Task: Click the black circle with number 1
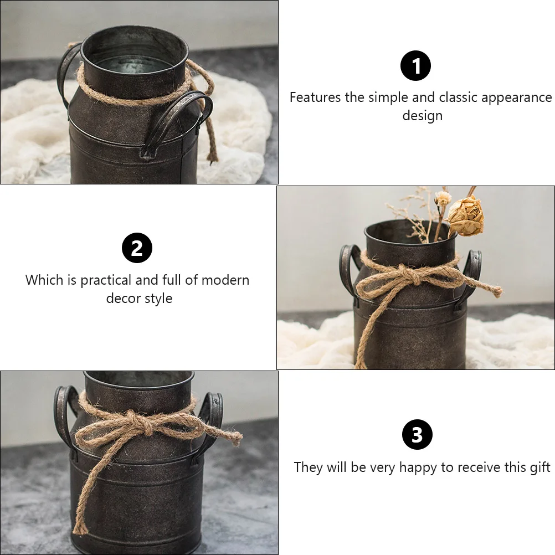(x=415, y=66)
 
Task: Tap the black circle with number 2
(x=137, y=248)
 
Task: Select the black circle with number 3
(x=417, y=435)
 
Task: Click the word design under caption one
(x=422, y=116)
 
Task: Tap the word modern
(x=225, y=280)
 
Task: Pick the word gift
(x=539, y=467)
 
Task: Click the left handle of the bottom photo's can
(x=63, y=413)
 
